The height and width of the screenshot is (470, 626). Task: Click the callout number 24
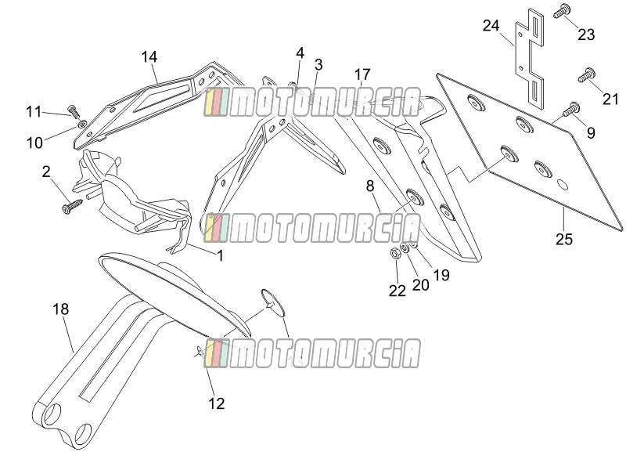coord(491,26)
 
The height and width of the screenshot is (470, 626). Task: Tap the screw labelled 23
coord(562,11)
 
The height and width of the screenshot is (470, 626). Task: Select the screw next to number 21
coord(587,75)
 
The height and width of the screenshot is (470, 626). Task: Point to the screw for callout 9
coord(571,109)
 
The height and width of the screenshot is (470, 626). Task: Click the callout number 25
coord(564,240)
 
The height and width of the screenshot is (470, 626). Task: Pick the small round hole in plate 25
coord(562,185)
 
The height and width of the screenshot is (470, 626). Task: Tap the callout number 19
coord(441,275)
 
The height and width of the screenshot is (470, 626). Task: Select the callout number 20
coord(420,284)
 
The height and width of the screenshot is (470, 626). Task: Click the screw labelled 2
coord(72,204)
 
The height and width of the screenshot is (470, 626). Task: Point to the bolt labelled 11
coord(74,110)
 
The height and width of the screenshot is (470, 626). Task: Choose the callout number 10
coord(34,143)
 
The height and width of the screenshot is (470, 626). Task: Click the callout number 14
coord(149,56)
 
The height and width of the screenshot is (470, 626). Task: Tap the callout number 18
coord(61,309)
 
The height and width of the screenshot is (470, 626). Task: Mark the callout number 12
coord(217,403)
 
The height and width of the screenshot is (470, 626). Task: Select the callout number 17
coord(362,74)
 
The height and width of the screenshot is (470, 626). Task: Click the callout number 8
coord(370,186)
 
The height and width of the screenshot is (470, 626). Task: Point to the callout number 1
coord(220,255)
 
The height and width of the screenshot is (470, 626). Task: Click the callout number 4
coord(300,52)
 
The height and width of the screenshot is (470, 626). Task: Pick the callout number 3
coord(318,65)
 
